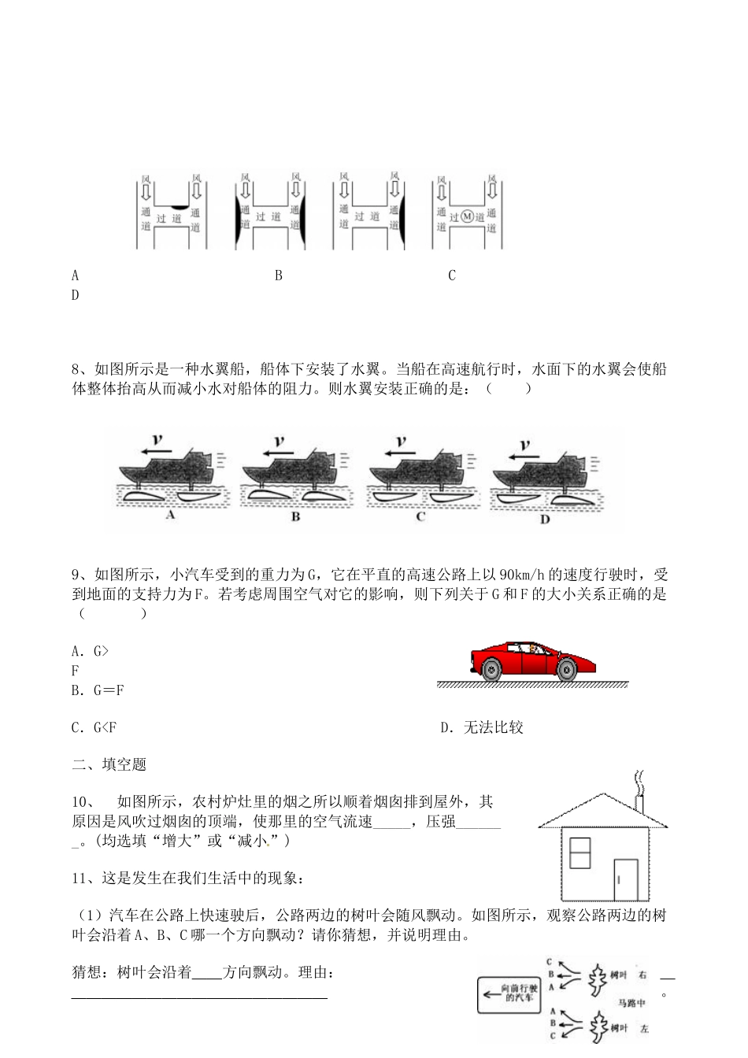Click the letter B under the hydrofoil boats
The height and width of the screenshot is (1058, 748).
pyautogui.click(x=295, y=517)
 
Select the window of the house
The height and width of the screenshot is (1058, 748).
pyautogui.click(x=580, y=853)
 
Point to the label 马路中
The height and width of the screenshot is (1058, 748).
pyautogui.click(x=631, y=1002)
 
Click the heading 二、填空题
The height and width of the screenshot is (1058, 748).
pyautogui.click(x=109, y=764)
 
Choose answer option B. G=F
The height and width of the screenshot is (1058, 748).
pyautogui.click(x=98, y=690)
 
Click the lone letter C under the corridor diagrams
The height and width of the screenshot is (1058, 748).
pyautogui.click(x=452, y=276)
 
